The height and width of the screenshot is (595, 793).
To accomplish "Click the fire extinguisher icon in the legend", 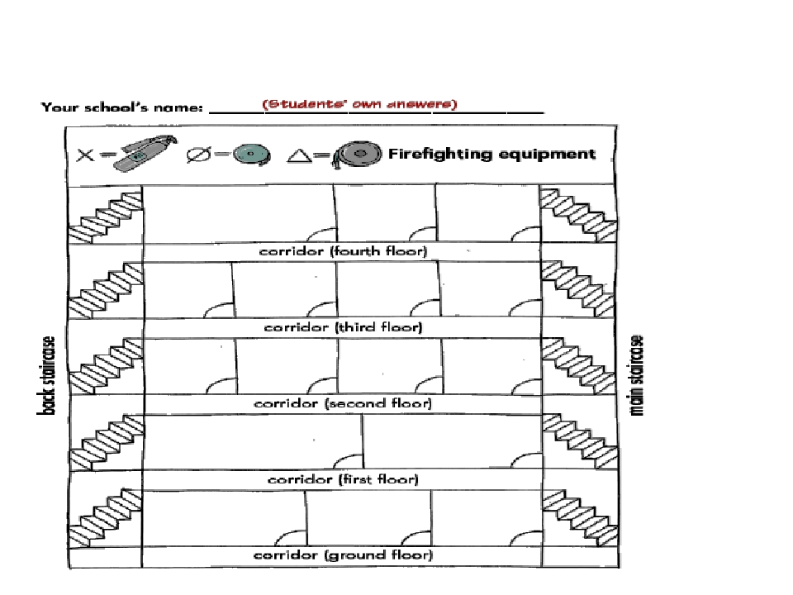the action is point(145,154).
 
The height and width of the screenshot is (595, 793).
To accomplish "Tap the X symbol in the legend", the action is point(85,155).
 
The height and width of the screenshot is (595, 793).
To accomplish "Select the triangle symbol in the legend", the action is point(299,155).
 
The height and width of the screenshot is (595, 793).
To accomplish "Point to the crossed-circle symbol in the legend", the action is point(198,155).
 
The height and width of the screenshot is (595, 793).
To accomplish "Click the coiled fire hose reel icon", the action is point(357,155).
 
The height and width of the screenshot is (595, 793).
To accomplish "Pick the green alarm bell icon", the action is point(251,155).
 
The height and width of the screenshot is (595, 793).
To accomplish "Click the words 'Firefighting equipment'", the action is point(491,154).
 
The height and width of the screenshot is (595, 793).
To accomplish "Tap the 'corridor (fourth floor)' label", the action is point(343,251).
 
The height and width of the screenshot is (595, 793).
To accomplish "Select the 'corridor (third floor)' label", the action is point(343,327).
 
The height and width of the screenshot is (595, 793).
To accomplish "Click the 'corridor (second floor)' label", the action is point(343,403).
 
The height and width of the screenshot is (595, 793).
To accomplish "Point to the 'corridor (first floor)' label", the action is point(343,479).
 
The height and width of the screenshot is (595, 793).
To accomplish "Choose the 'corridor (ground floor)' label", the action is point(343,555).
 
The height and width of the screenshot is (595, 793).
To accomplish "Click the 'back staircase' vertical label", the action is point(46,375).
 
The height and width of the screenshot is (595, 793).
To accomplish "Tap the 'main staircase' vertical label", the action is point(637,375).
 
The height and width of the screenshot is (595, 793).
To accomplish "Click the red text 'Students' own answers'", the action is point(359,104).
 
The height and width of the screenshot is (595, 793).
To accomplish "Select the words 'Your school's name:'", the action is point(122,107).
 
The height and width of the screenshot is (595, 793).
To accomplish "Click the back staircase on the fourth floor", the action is point(105,217).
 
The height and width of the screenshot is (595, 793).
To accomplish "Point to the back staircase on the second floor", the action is point(105,366).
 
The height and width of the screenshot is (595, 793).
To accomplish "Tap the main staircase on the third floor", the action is point(578,289).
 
